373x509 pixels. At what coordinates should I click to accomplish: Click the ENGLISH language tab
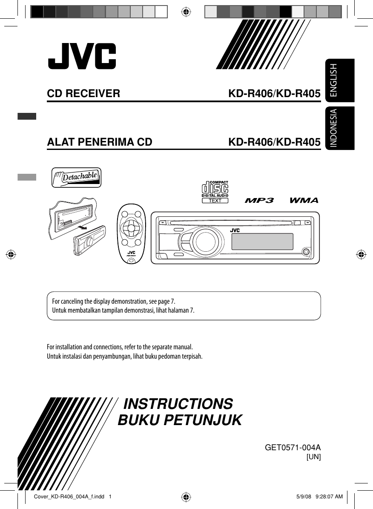339,80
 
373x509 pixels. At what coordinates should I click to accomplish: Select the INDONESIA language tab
339,128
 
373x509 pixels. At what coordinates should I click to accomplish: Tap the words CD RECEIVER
83,93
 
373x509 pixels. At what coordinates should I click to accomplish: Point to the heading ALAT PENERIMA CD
99,142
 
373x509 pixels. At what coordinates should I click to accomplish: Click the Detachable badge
77,178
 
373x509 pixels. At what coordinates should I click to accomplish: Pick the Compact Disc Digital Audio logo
215,192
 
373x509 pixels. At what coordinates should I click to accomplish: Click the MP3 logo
259,200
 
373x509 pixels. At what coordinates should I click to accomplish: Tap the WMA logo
304,200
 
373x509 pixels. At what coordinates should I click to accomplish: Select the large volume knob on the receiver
206,241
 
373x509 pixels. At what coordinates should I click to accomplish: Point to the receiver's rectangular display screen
262,242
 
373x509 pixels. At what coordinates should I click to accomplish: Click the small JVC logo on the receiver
235,230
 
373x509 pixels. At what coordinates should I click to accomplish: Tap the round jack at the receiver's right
306,251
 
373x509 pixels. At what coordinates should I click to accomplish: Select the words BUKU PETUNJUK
180,420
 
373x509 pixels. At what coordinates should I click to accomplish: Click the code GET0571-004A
293,448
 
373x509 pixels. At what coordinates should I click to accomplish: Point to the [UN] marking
313,457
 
